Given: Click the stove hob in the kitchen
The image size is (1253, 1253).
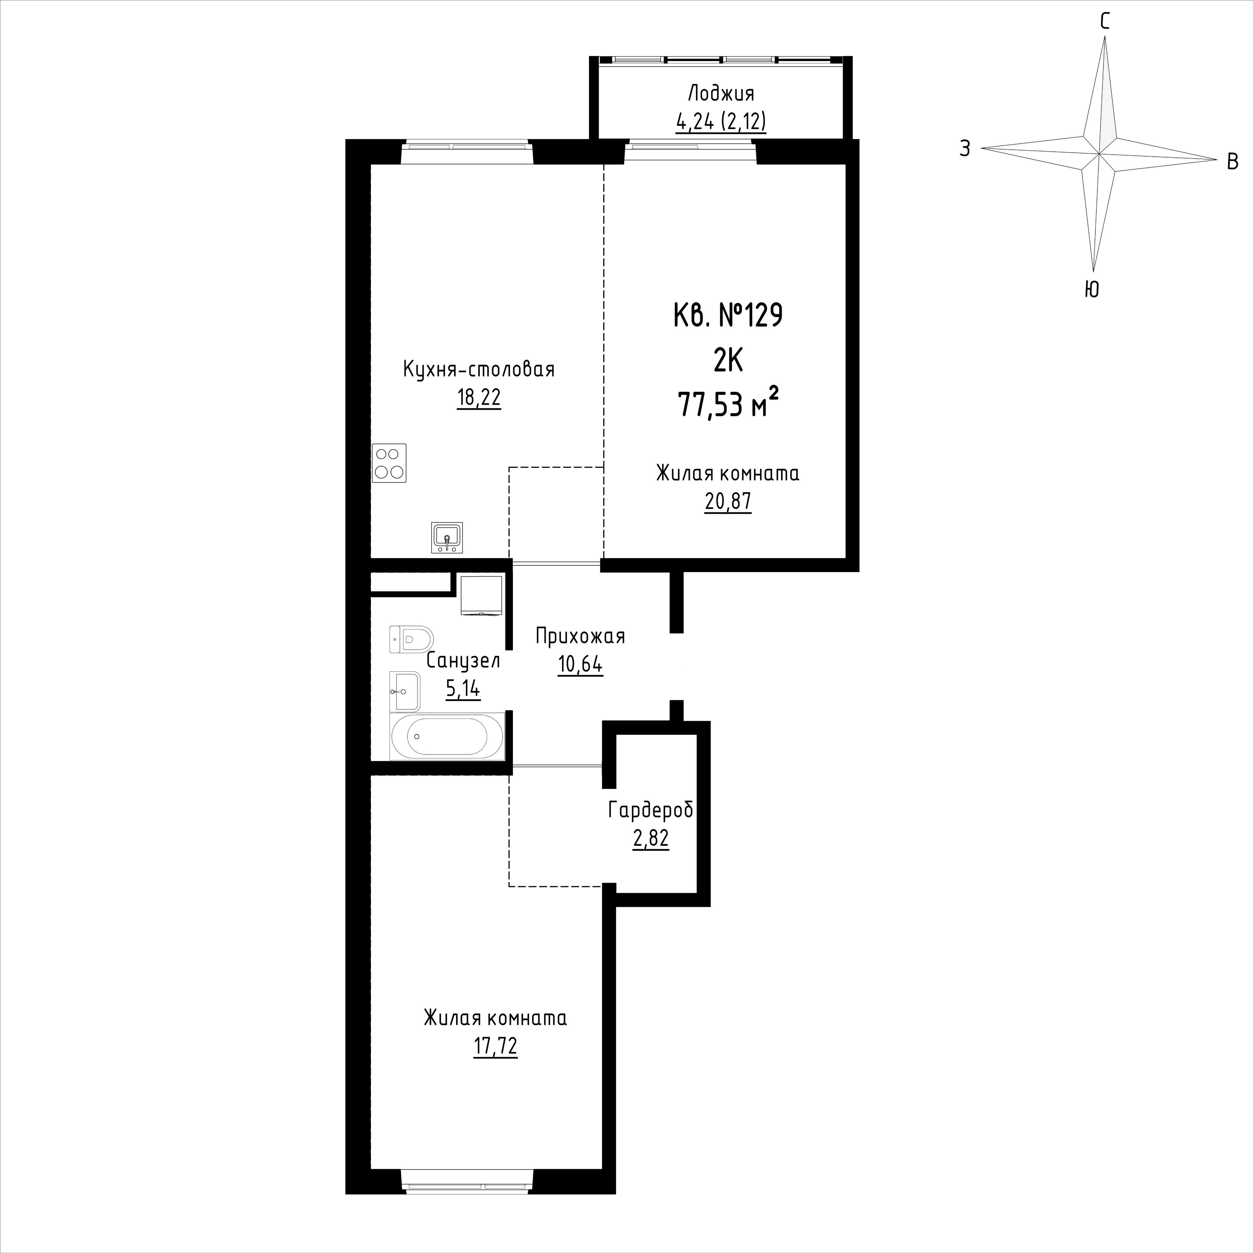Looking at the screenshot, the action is coord(389,463).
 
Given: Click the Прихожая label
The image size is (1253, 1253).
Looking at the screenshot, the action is coord(580,636).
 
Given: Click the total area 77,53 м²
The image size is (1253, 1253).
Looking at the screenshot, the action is coord(728,404).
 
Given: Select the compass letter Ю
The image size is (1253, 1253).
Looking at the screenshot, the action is coord(1092,288).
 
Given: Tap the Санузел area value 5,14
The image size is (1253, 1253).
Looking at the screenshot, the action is coord(463,688).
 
